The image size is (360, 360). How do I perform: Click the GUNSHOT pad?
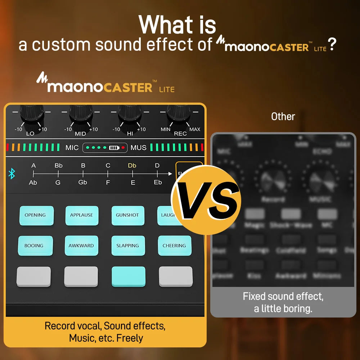[x=127, y=215]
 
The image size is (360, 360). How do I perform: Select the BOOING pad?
[x=35, y=246]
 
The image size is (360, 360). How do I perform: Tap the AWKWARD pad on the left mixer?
[x=81, y=246]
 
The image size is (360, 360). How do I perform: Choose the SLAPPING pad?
[x=128, y=246]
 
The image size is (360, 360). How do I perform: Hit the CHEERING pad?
[x=174, y=246]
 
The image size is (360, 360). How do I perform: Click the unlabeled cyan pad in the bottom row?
[x=128, y=276]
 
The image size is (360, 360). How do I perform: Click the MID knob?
[x=81, y=114]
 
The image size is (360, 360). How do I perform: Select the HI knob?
[x=129, y=114]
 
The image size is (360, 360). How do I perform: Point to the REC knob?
[x=179, y=114]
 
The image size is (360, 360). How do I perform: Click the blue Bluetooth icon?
[x=12, y=174]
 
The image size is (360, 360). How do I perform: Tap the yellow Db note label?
[x=132, y=166]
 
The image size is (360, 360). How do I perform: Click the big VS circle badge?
[x=206, y=200]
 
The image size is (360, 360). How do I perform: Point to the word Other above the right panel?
[x=283, y=117]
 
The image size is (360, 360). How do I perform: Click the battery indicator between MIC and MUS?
[x=114, y=148]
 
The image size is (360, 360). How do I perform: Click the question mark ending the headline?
[x=332, y=45]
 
